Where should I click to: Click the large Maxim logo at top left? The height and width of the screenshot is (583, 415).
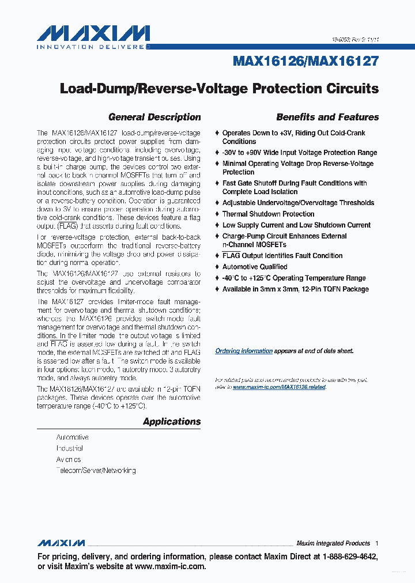[93, 33]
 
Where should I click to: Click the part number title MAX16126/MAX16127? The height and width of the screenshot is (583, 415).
[305, 61]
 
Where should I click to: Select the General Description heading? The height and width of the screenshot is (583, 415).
[154, 117]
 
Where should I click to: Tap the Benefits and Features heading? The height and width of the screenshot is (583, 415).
[327, 117]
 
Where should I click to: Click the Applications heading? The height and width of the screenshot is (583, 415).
[172, 422]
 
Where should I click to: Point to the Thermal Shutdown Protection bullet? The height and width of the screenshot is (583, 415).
[268, 214]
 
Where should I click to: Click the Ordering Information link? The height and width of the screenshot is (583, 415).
[244, 351]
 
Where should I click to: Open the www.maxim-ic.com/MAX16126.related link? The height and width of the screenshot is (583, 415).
[279, 387]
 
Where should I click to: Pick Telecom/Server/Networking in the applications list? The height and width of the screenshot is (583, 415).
[96, 471]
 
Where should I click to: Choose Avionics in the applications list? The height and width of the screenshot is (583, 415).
[69, 460]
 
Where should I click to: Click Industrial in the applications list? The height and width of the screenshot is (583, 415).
[70, 448]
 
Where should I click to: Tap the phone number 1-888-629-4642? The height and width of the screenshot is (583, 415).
[349, 557]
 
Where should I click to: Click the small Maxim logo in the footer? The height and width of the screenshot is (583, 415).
[61, 543]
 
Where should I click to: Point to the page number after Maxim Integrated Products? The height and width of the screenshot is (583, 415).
[376, 543]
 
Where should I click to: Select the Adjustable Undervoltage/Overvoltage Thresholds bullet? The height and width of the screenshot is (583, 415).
[298, 203]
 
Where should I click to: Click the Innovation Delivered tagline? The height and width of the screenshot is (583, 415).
[92, 47]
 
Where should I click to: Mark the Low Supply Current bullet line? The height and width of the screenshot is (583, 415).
[296, 225]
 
